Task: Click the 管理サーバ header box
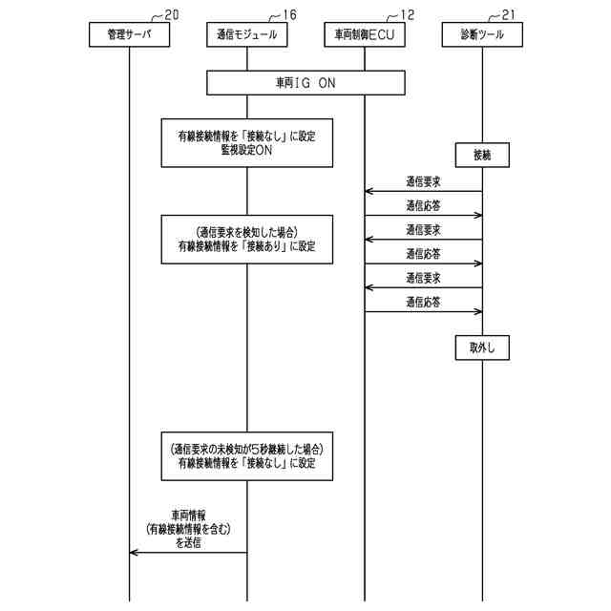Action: tap(129, 34)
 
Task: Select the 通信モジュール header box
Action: tap(246, 34)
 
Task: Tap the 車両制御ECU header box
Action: tap(365, 34)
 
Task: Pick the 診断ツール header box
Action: tap(482, 34)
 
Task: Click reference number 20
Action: tap(171, 14)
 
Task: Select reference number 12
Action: tap(408, 14)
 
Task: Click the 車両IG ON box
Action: tap(305, 83)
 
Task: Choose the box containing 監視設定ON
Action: tap(246, 143)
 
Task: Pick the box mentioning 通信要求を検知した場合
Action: tap(246, 239)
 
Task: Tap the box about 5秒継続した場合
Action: tap(246, 455)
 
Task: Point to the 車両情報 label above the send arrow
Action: tap(189, 514)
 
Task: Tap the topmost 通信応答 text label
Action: tap(423, 205)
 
